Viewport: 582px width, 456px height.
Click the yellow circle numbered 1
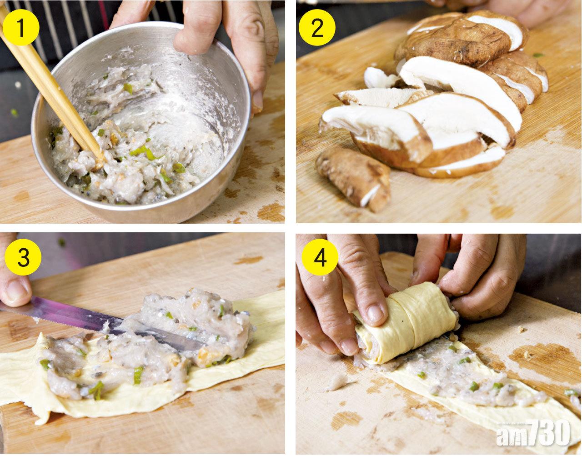[21, 27]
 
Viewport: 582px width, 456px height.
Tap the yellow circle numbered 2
[317, 28]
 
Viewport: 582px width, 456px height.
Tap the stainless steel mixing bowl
[140, 120]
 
